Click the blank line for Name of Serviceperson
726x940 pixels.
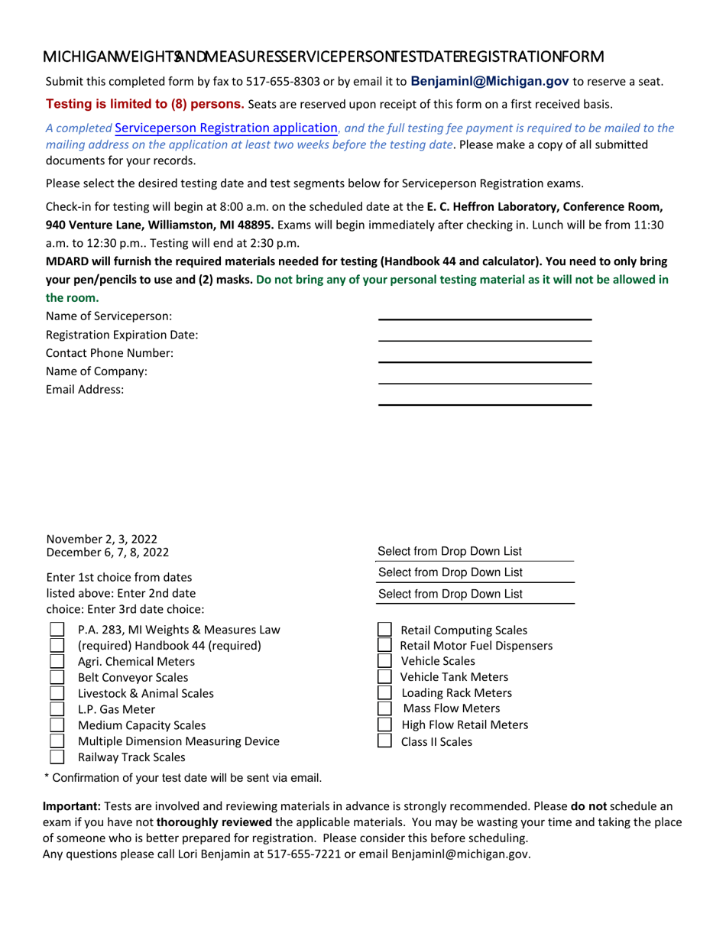485,313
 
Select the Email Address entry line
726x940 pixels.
485,399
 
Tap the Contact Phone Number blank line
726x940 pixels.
485,356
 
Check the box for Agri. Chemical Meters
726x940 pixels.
57,661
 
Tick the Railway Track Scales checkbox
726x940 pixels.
57,757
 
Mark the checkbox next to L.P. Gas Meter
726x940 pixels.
57,709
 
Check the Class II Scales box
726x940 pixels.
385,741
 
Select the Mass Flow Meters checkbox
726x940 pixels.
385,708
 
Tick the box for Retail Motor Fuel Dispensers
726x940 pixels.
385,646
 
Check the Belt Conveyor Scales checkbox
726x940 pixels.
57,677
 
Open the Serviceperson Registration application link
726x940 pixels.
225,128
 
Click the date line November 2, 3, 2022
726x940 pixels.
97,540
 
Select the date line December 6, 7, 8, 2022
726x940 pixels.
108,552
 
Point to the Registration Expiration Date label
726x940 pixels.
122,335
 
